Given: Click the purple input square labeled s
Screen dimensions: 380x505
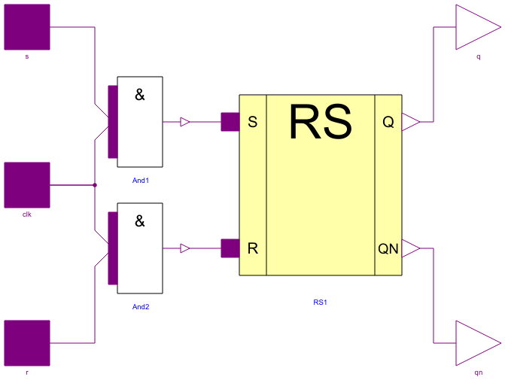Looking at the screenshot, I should pos(27,27).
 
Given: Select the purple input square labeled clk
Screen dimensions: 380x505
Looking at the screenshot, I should pos(27,185).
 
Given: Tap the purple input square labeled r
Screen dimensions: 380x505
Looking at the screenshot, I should pos(27,343).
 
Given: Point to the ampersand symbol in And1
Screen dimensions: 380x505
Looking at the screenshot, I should pos(140,95).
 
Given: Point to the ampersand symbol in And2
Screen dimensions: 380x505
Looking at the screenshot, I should pos(140,221).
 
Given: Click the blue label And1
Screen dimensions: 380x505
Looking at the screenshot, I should pos(140,181).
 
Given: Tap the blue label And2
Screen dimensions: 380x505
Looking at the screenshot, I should pos(140,307).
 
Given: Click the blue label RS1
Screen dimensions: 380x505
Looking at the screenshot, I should pos(321,302).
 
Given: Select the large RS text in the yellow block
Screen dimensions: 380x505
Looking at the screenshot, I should pos(321,122).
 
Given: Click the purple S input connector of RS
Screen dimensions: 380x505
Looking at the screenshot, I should pos(230,122).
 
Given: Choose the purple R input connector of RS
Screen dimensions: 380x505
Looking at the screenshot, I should pos(230,248).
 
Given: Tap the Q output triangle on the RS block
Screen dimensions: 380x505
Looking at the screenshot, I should pos(410,122).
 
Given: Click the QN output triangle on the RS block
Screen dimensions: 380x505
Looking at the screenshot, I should pos(410,248).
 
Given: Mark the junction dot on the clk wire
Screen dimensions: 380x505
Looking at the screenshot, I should pos(95,185).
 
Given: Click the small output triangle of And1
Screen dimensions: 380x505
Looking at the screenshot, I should pos(185,122).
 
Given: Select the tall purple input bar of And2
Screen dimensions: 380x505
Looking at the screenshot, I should pos(113,248).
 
